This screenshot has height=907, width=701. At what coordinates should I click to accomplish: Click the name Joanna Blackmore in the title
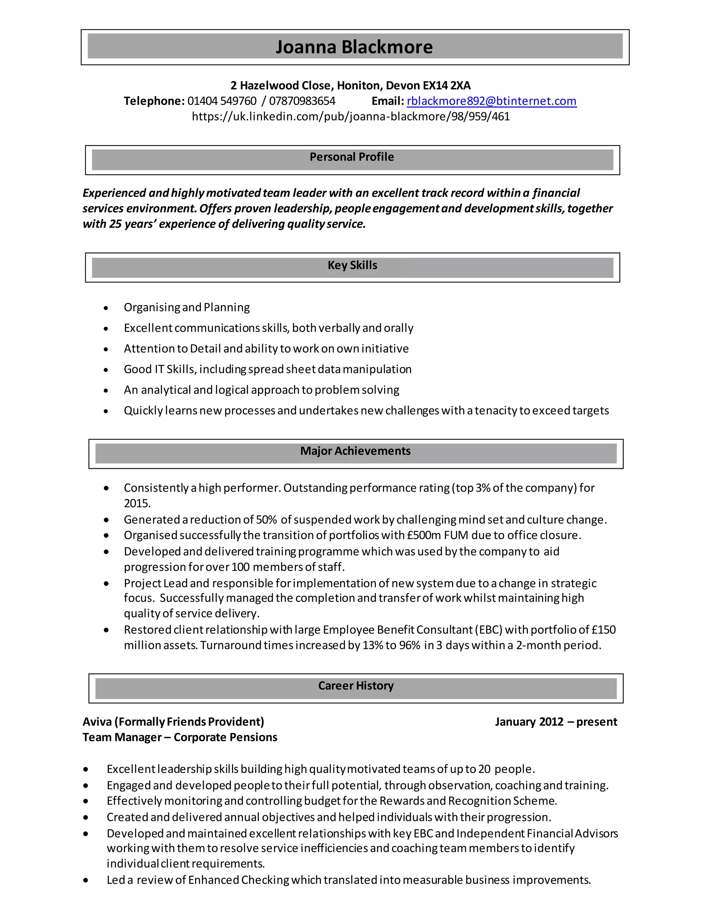point(354,47)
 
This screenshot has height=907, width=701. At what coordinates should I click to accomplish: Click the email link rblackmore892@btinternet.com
point(491,101)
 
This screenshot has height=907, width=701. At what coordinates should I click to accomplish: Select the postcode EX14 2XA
point(446,86)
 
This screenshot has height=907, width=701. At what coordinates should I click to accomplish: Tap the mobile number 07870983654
point(302,101)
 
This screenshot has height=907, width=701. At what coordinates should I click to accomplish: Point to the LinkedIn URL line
point(350,116)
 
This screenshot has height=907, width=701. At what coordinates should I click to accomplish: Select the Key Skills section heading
point(352,265)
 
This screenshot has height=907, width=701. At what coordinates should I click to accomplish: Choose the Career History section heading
point(356,686)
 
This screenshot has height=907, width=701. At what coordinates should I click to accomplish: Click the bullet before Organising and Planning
point(106,308)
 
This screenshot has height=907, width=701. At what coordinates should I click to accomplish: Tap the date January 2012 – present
point(556,722)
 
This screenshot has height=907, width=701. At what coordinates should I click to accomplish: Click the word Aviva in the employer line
point(97,722)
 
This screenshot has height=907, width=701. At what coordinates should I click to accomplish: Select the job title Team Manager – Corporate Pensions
point(180,737)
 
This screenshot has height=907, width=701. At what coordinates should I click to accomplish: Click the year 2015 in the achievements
point(137,503)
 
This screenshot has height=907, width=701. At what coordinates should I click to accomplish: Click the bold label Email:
point(387,101)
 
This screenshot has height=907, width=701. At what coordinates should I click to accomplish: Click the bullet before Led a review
point(86,880)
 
